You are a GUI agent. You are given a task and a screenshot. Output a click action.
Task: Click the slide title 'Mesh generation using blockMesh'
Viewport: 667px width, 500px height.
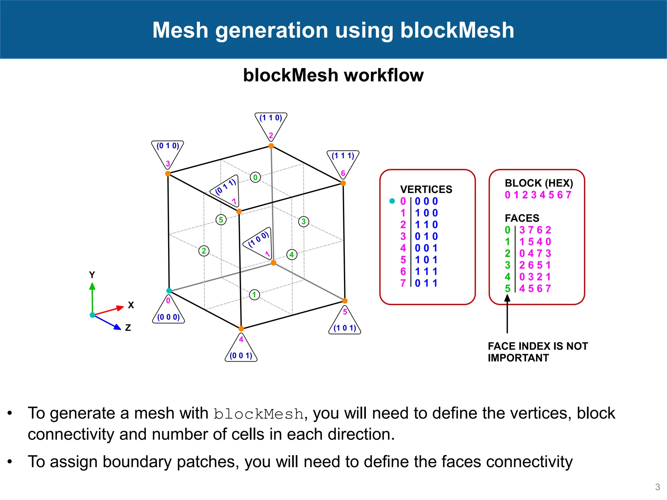point(333,30)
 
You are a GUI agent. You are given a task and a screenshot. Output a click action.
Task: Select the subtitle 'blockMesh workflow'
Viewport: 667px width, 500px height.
point(333,75)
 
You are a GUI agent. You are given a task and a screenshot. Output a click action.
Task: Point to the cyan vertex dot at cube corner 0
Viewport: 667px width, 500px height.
point(169,291)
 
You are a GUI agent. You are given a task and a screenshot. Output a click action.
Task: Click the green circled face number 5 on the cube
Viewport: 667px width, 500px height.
point(221,220)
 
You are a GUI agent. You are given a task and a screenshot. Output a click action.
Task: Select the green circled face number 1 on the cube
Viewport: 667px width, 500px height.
point(254,295)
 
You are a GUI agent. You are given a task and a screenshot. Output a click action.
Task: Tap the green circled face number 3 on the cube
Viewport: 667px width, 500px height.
point(304,222)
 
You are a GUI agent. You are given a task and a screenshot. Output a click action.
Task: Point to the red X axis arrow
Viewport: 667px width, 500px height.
point(109,310)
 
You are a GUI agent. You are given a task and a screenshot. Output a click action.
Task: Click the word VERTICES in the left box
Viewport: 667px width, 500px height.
point(426,189)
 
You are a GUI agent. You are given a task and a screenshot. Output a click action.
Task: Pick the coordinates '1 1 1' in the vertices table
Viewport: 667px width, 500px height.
point(426,271)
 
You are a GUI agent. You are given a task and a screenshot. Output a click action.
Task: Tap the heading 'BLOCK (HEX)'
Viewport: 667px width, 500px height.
point(539,183)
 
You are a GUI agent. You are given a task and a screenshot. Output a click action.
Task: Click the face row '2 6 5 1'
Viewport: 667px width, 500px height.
point(535,265)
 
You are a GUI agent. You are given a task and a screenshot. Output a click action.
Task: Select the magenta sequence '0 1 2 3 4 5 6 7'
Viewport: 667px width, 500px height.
point(538,195)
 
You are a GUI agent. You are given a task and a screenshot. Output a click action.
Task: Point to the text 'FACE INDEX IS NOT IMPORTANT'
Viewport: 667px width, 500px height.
point(538,352)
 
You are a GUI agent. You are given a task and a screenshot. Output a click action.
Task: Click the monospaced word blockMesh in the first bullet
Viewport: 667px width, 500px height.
point(259,414)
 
